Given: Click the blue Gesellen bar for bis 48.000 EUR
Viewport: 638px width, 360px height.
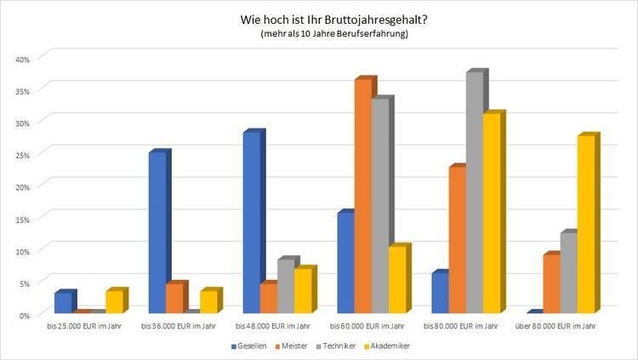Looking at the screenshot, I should click(x=251, y=223).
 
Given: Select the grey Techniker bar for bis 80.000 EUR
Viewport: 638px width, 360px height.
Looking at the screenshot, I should click(x=475, y=192).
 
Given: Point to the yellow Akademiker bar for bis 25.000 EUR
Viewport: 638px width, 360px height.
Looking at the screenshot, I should click(x=116, y=302).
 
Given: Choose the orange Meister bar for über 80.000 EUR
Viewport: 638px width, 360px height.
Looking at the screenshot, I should click(x=551, y=283).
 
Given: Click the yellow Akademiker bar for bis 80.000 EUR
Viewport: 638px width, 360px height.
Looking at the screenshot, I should click(x=493, y=213).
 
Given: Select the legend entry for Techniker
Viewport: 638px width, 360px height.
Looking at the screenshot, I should click(x=338, y=346).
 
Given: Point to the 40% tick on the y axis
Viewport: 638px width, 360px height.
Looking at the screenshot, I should click(x=22, y=59).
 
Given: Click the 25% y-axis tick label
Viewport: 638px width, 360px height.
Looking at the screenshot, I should click(x=22, y=155).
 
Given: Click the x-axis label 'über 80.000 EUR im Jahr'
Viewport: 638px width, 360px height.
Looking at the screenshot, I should click(x=555, y=326).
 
